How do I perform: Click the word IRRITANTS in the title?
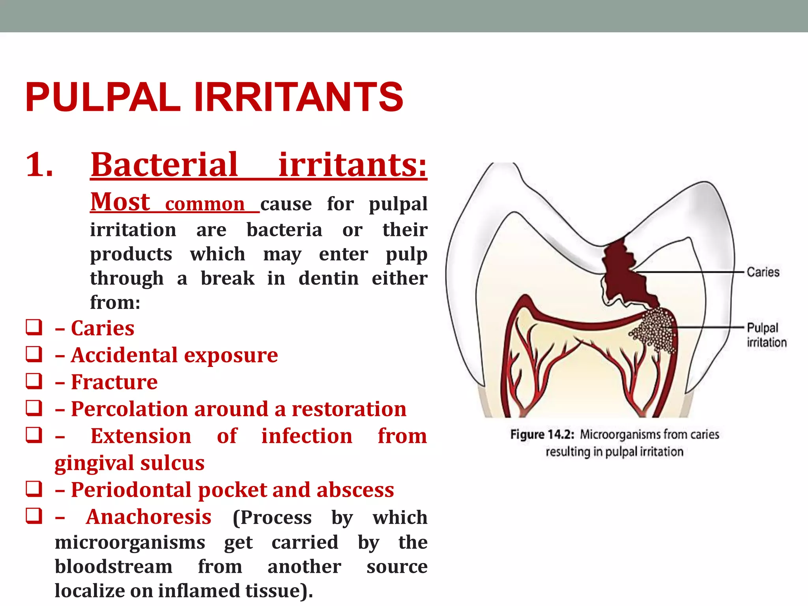299,97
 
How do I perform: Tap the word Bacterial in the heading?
164,165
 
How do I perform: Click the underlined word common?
205,204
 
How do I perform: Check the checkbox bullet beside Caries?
34,327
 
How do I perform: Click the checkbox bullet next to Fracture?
34,381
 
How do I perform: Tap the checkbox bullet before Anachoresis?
34,516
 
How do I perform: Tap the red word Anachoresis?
149,517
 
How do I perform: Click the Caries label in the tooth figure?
763,272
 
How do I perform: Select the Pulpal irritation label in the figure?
765,335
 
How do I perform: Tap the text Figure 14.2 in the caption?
541,434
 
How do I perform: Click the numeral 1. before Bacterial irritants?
39,165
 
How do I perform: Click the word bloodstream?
113,567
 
